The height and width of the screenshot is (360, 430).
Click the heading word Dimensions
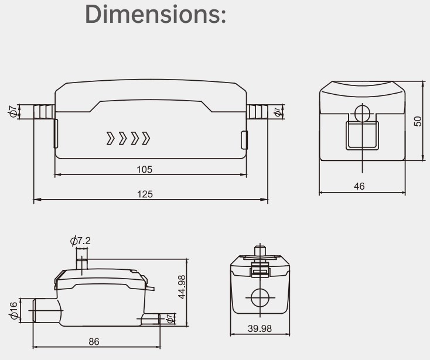(156, 14)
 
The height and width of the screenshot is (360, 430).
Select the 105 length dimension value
(144, 170)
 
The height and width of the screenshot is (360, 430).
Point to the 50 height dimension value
(417, 121)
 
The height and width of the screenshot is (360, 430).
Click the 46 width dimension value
(359, 186)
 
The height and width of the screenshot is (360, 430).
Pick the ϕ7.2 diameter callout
(80, 241)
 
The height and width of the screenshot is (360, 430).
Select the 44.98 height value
(182, 287)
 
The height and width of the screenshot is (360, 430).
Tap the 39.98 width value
(259, 328)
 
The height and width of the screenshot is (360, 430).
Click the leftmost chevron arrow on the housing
(110, 139)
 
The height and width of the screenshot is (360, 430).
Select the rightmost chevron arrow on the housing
(146, 139)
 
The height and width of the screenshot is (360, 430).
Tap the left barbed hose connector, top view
(43, 111)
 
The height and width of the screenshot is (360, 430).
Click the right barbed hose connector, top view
(257, 111)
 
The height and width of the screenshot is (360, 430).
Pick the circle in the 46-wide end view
(362, 112)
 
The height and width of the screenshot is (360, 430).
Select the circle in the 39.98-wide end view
(259, 299)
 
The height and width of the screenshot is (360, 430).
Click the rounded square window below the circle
(362, 135)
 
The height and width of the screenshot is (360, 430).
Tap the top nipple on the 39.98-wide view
(259, 251)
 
